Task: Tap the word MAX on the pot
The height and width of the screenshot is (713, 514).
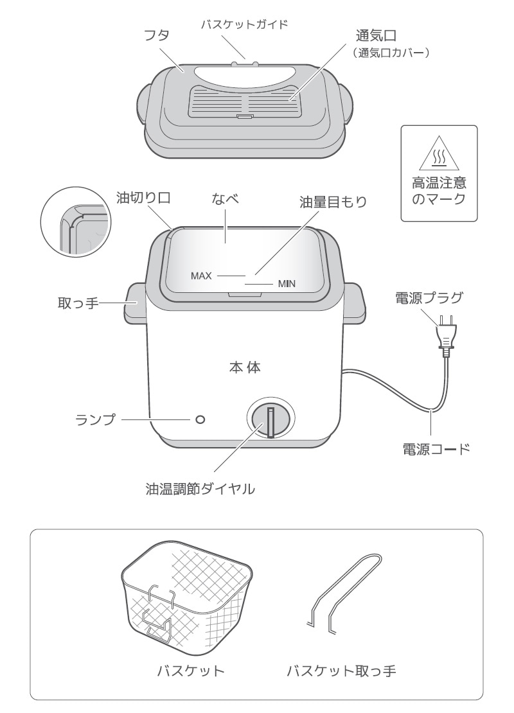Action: tap(201, 276)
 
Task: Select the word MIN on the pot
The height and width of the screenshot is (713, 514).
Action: tap(287, 284)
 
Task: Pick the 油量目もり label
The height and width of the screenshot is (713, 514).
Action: tap(334, 202)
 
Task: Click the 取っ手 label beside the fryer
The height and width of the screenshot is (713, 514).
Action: tap(76, 303)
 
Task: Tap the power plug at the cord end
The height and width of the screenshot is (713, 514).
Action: tap(445, 333)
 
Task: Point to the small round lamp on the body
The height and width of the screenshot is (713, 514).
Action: tap(200, 419)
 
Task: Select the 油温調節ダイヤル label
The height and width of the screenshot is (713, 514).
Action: tap(201, 490)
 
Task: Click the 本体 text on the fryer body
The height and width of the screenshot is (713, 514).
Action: tap(245, 368)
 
